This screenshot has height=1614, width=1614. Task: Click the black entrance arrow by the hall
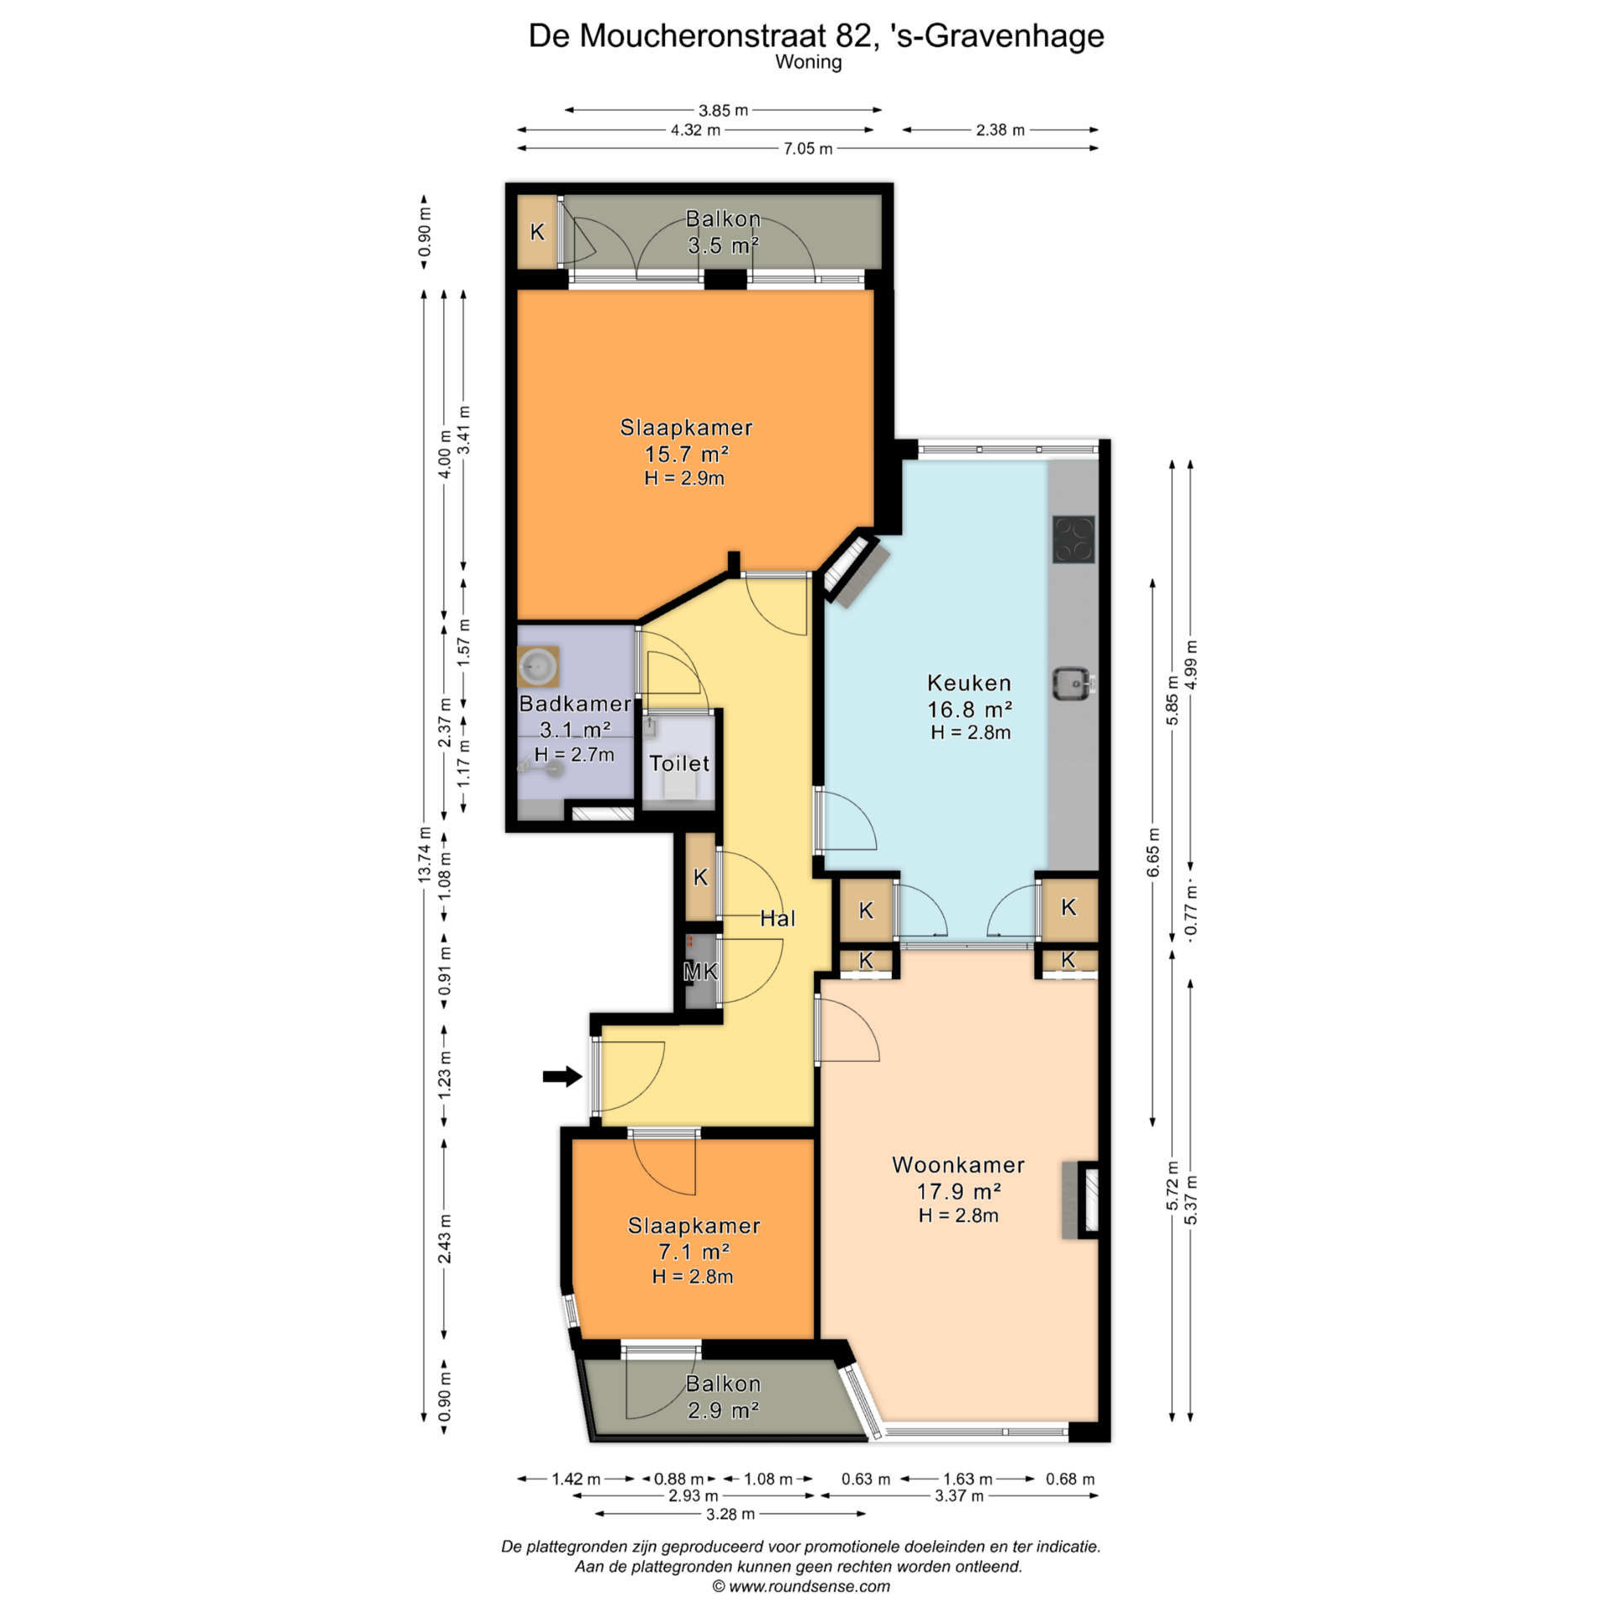pos(562,1076)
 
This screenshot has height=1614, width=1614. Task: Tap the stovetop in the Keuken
pos(1073,539)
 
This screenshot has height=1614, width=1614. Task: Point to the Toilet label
pos(679,763)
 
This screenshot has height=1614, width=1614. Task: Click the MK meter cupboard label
pos(700,972)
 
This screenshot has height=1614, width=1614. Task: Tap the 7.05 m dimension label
pos(808,149)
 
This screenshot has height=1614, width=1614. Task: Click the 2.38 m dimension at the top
pos(1000,129)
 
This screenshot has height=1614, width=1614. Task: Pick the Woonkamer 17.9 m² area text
pos(958,1191)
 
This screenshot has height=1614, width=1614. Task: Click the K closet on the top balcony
pos(537,232)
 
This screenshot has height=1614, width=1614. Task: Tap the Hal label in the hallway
pos(778,919)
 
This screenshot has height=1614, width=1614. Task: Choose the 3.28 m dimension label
pos(730,1514)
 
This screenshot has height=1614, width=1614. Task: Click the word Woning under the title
pos(809,62)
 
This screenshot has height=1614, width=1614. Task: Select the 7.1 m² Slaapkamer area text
pos(694,1252)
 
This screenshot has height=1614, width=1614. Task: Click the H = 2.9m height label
pos(684,478)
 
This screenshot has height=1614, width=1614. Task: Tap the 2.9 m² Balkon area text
pos(724,1410)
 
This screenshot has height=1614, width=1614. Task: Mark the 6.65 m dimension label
pos(1153,852)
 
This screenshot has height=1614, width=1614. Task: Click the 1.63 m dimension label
pos(968,1479)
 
